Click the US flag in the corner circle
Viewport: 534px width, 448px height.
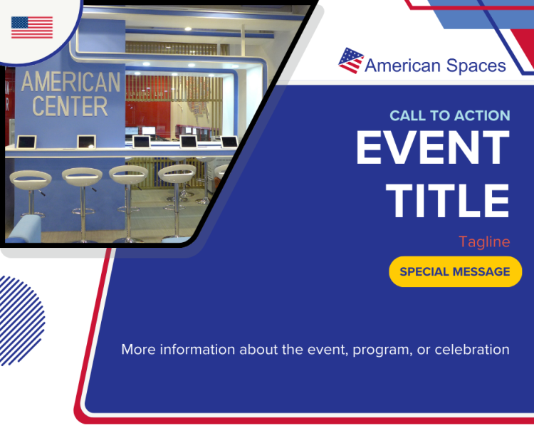[x=32, y=27]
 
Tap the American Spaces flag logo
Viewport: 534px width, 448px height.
[x=351, y=61]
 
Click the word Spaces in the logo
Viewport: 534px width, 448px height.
[x=476, y=66]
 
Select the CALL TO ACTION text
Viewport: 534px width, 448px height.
[x=450, y=116]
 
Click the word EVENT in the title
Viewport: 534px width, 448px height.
[x=433, y=148]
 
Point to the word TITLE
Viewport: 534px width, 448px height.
[x=448, y=201]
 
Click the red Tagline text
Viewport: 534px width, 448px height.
[x=484, y=242]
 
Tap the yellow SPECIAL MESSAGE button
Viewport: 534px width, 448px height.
[x=456, y=271]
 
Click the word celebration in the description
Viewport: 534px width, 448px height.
[x=472, y=350]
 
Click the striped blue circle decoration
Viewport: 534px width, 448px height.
[x=21, y=321]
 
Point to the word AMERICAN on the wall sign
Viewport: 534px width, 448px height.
[x=70, y=82]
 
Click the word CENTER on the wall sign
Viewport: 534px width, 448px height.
[x=70, y=106]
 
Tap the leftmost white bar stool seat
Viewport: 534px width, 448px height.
[x=31, y=179]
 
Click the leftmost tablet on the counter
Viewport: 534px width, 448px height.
[x=27, y=142]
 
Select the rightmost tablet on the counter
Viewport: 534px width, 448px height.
[x=229, y=142]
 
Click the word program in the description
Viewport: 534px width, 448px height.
[x=381, y=350]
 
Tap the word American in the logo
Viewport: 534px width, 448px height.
[x=402, y=66]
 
